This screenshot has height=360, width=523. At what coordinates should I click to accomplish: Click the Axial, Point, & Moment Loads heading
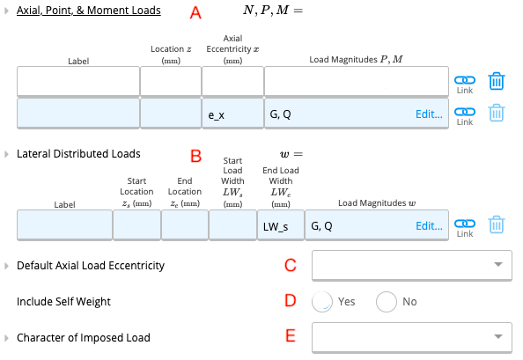(89, 11)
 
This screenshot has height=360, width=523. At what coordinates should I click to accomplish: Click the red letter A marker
(195, 12)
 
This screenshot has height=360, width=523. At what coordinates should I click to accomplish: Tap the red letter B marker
(195, 156)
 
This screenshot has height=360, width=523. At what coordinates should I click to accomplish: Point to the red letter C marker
(291, 265)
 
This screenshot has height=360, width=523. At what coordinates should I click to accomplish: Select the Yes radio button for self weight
(322, 302)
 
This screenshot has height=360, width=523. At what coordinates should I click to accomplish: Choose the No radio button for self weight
(387, 302)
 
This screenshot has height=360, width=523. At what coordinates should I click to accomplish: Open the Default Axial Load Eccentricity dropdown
(412, 265)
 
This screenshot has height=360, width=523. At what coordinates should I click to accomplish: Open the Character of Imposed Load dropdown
(412, 337)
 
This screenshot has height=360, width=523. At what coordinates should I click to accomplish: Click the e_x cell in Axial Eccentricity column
(232, 114)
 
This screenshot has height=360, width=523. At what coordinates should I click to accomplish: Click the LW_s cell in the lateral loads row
(281, 225)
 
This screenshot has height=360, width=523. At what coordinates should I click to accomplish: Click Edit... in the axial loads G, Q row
(429, 114)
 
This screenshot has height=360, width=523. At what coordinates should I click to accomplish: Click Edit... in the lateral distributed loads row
(429, 225)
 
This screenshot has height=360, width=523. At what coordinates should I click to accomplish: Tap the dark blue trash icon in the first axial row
(497, 81)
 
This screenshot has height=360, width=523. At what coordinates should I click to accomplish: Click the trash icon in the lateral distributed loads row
(497, 224)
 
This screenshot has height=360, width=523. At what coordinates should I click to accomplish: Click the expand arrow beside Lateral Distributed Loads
(6, 154)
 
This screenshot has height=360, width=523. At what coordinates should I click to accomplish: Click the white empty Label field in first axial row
(78, 81)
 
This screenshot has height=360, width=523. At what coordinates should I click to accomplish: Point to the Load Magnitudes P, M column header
(356, 59)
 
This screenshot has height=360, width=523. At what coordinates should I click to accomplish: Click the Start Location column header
(136, 192)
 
